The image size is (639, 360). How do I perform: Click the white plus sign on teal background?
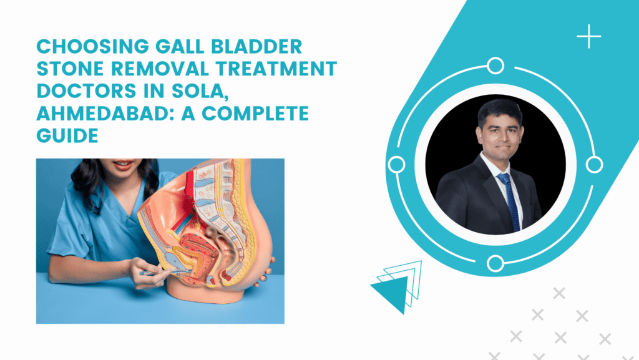[x=588, y=37]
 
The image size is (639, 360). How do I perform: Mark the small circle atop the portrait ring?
[x=495, y=66]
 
